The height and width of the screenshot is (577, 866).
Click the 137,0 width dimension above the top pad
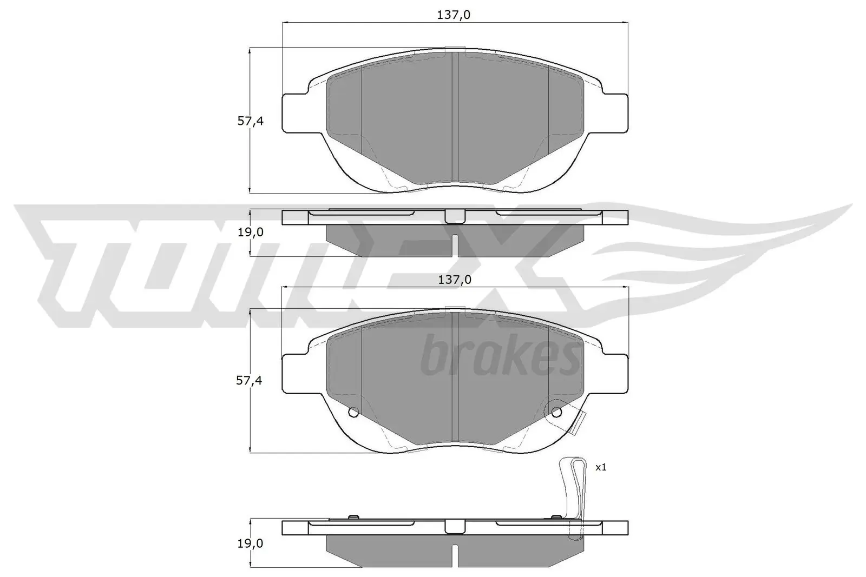(x=454, y=15)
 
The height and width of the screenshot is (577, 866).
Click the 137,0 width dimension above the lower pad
(x=454, y=280)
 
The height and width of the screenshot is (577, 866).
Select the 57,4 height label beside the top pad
(x=250, y=121)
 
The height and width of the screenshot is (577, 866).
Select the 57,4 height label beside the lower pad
(x=250, y=381)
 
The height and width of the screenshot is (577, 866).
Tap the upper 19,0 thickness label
(x=250, y=232)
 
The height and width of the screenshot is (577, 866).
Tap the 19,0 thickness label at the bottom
(x=250, y=543)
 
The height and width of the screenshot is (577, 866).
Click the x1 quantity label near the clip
(x=601, y=467)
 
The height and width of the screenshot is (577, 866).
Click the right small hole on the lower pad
(x=556, y=412)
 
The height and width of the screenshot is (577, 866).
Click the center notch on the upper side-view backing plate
(x=455, y=216)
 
